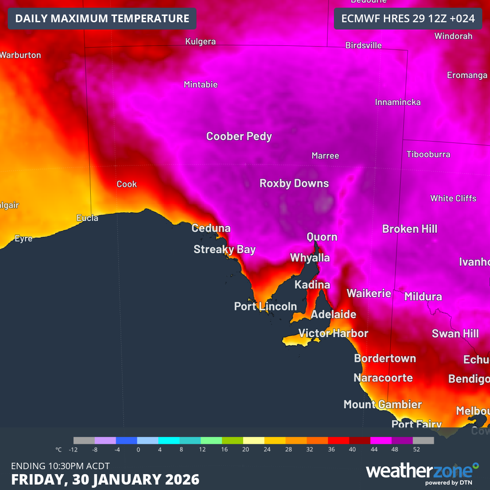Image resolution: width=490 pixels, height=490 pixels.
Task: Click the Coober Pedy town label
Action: (x=239, y=136)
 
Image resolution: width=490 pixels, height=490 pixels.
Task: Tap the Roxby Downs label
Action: (x=294, y=183)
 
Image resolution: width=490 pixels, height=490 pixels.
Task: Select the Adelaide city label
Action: (x=333, y=314)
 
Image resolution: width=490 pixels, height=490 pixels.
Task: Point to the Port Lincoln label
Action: (x=265, y=307)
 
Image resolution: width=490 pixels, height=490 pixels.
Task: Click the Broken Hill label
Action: (x=410, y=229)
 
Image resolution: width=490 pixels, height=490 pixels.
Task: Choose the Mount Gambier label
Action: (x=382, y=404)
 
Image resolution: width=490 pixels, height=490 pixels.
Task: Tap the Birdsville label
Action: (x=363, y=45)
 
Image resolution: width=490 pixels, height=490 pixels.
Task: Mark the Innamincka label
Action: (x=397, y=102)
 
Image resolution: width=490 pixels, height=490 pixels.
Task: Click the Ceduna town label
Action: (x=211, y=228)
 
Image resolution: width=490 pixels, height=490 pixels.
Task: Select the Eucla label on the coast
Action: (x=87, y=218)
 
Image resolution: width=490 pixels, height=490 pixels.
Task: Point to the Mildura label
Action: (x=423, y=297)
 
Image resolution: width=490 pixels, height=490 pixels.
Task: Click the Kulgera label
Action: (x=201, y=42)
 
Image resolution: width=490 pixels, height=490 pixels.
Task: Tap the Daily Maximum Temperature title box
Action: (x=102, y=19)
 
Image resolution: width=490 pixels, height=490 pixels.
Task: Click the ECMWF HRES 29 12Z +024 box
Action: (x=407, y=19)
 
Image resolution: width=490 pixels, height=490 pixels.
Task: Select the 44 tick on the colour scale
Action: (x=373, y=450)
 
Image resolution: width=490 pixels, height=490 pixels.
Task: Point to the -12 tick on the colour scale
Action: (x=73, y=450)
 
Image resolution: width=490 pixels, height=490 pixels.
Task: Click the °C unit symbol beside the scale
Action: (x=59, y=450)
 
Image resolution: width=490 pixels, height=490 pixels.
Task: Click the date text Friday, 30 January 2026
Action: (x=105, y=479)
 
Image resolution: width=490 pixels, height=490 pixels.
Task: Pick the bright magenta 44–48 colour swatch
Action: (x=381, y=440)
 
